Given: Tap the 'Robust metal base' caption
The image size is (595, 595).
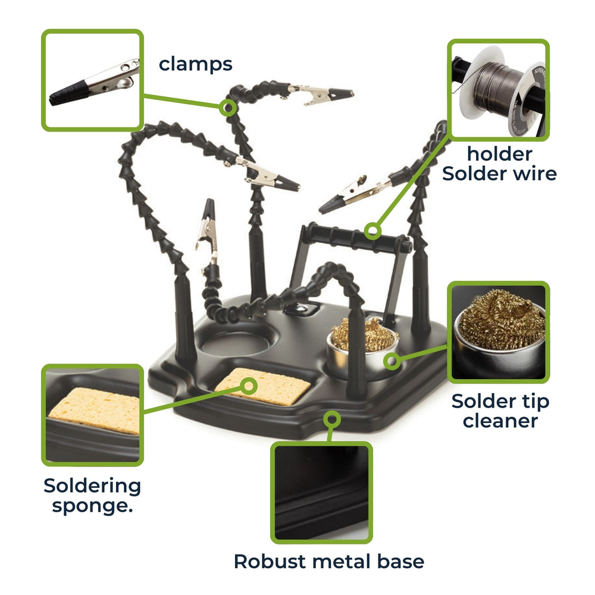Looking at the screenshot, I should tap(328, 560).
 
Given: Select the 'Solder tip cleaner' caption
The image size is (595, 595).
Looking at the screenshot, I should tap(500, 411).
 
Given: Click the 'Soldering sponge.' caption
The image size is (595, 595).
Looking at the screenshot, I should tap(92, 495).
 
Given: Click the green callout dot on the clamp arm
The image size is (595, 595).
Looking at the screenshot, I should tap(227, 108).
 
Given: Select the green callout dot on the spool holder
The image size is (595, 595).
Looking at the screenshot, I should tap(372, 230).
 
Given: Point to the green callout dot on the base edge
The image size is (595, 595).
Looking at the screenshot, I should tap(331, 419).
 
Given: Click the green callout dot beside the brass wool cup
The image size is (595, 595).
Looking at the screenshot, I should tap(391, 360).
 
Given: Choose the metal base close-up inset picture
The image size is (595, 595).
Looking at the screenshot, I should tap(321, 491).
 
